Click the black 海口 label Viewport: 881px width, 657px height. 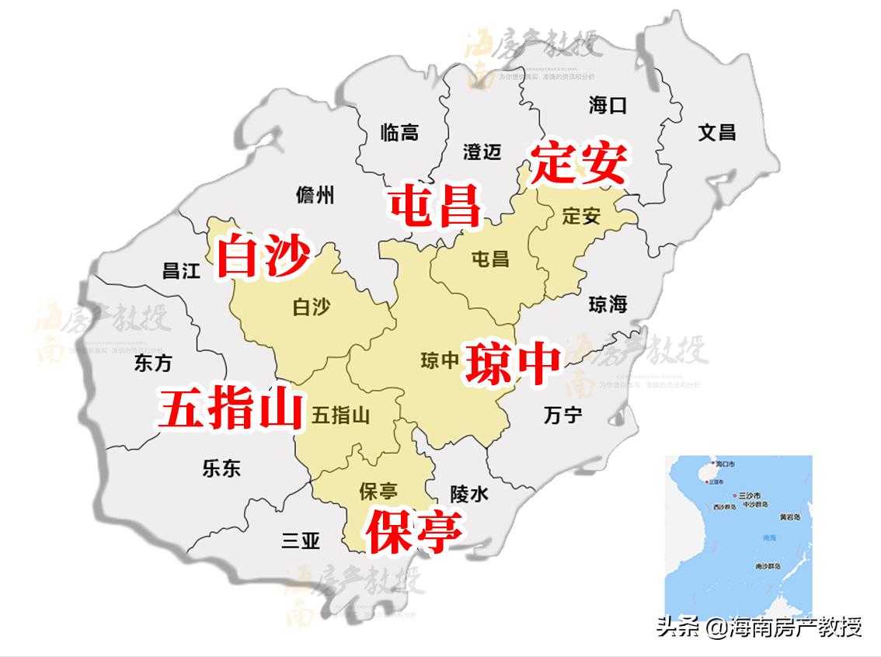[x=608, y=106]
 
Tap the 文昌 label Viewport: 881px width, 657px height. [x=716, y=132]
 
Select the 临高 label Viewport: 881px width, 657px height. [x=399, y=133]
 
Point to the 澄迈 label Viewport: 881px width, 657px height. [x=482, y=151]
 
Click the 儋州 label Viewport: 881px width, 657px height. [x=315, y=196]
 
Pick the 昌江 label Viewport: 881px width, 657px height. [x=181, y=270]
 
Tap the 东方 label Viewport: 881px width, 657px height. [x=153, y=363]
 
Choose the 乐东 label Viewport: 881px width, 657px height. [x=221, y=468]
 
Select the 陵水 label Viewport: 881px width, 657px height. [x=469, y=493]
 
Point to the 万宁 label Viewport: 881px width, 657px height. [x=562, y=415]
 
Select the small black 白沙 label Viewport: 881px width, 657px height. [x=311, y=308]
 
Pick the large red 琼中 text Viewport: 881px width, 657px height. [x=512, y=362]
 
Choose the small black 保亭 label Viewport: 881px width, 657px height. [x=379, y=491]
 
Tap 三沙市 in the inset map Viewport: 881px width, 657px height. [x=752, y=495]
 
